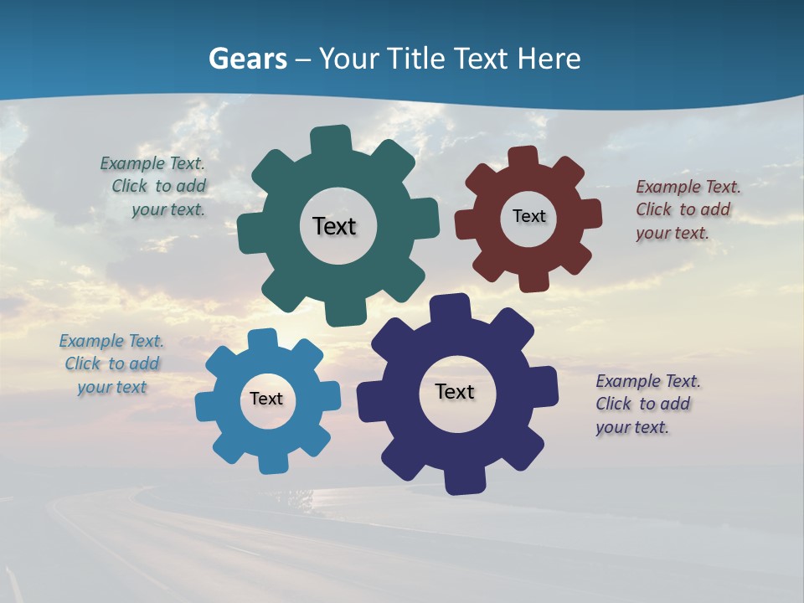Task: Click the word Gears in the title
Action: tap(247, 59)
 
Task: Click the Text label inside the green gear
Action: tap(334, 226)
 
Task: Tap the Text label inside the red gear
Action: tap(528, 216)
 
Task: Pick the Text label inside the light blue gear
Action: tap(266, 399)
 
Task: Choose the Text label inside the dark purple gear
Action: tap(455, 391)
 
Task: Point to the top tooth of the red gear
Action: tap(523, 157)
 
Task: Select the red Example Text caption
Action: tap(687, 209)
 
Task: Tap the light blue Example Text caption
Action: tap(111, 363)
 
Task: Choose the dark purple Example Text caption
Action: tap(647, 404)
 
